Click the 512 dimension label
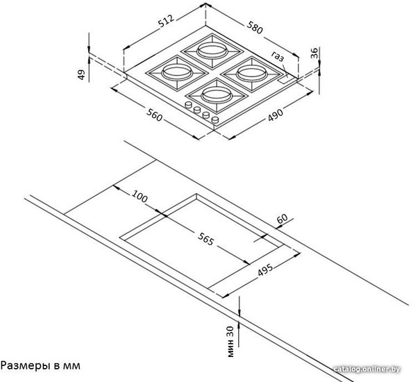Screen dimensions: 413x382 coord(166,21)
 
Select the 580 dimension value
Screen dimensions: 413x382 coord(255,27)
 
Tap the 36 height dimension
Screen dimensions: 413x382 coord(314,53)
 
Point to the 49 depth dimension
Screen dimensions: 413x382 coord(81,74)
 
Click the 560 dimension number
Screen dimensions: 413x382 coord(154,115)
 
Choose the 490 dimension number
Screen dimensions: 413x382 coord(276,115)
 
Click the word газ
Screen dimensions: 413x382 coord(278,56)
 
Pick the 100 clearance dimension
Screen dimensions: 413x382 coord(140,196)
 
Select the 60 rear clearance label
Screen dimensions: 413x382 coord(282,219)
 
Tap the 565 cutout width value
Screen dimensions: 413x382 coord(205,239)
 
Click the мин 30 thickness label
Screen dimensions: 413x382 coord(230,342)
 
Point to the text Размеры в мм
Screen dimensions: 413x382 coord(40,366)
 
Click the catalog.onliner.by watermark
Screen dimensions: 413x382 coord(366,369)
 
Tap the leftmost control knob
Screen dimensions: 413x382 coord(188,105)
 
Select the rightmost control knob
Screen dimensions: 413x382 coord(215,120)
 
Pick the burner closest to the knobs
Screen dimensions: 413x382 coord(217,94)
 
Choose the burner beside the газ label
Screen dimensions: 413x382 coord(252,74)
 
